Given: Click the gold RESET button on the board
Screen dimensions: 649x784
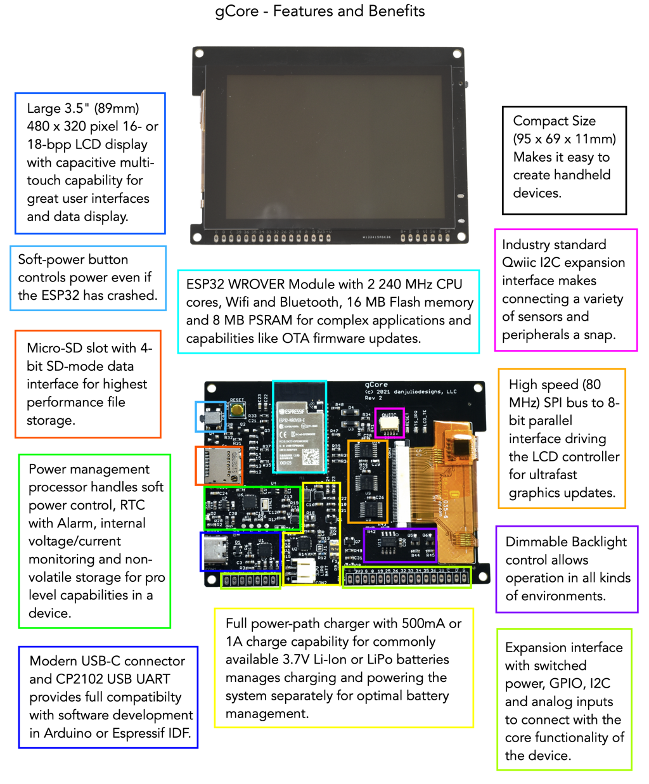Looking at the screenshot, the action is (x=237, y=409).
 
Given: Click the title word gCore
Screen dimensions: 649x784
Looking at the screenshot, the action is (x=237, y=11).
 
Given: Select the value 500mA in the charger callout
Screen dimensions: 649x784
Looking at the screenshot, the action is (x=423, y=624).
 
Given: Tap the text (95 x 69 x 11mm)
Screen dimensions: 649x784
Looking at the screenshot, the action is (x=563, y=139).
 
